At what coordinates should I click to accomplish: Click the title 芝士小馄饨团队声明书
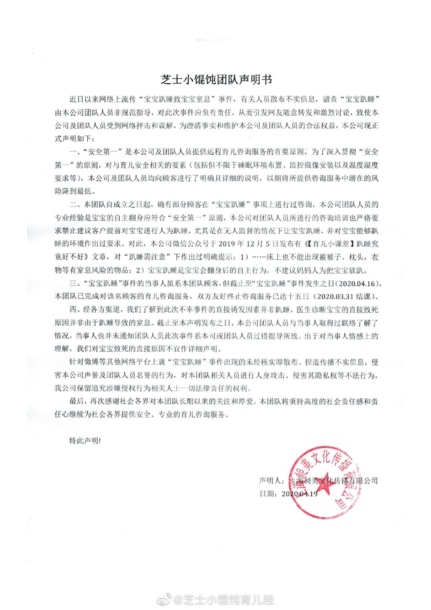215,79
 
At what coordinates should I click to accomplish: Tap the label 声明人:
272,481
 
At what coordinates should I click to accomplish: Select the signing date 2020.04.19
299,494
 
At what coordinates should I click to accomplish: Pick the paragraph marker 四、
74,309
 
